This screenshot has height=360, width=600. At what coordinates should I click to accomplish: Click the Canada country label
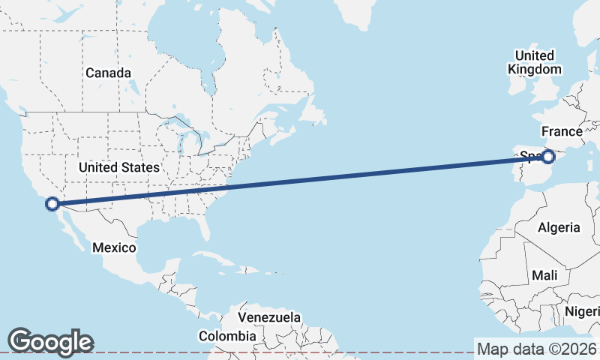coord(108,73)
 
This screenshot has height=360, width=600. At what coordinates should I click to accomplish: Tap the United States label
coord(119,167)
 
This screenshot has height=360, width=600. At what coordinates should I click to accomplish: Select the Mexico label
coord(114,247)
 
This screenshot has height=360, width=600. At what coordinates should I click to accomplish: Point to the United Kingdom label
coord(535,62)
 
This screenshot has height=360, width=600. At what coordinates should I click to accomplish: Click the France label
coord(562,132)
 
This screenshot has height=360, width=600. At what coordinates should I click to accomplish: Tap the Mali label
coord(544,275)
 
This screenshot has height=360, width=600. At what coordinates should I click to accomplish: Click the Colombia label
coord(227,336)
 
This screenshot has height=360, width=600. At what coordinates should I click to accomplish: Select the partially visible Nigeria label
coord(583,311)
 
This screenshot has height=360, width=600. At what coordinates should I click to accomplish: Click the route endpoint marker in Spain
coord(548,156)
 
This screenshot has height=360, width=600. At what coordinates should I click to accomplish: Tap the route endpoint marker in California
coord(52,203)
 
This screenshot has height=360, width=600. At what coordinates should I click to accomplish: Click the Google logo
coord(50,341)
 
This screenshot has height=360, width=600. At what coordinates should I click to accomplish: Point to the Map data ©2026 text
coord(537,349)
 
